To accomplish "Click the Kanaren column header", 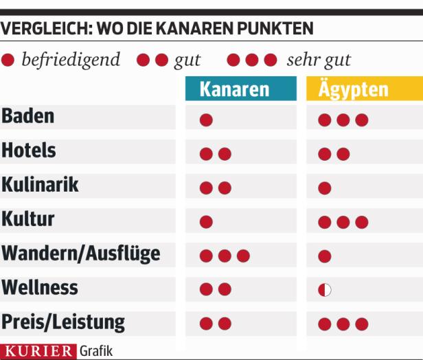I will coord(235,89).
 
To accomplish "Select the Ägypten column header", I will coord(353,89).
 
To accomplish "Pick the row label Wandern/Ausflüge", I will coord(81,254).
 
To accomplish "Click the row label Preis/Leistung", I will coord(63,322).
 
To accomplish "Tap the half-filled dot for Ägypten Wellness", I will coord(325,290).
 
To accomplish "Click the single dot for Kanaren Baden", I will coord(206,120).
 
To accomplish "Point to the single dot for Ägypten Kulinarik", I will coord(325,188).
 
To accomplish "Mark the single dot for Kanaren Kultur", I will coord(206,222).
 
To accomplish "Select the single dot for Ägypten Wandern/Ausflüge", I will coord(325,256).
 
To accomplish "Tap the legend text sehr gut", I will coord(319,60).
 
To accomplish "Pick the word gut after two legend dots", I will coord(187,60).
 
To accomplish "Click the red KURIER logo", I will coord(38,351).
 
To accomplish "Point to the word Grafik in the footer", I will coord(96,351).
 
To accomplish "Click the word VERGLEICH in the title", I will coord(45,30).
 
